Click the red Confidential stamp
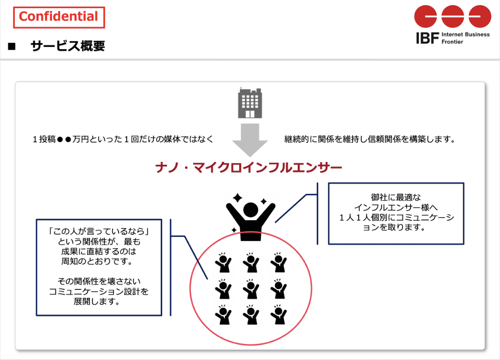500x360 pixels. [x=59, y=18]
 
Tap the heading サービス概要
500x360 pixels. [x=68, y=46]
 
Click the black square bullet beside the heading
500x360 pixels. [x=12, y=47]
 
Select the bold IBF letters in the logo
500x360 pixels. [x=427, y=38]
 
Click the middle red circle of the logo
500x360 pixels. [x=452, y=16]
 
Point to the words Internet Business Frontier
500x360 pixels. [x=466, y=38]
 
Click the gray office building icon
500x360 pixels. [x=250, y=103]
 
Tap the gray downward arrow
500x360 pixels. [x=250, y=140]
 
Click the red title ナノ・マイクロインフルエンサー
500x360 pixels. [x=249, y=167]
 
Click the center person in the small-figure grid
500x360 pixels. [x=251, y=288]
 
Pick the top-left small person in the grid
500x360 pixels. [x=223, y=262]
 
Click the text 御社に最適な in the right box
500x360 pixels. [x=396, y=197]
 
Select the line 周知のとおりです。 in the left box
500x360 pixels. [x=97, y=261]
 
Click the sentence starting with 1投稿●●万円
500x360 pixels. [x=123, y=139]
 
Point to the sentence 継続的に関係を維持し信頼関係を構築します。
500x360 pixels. [x=370, y=139]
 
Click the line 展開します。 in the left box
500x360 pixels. [x=97, y=301]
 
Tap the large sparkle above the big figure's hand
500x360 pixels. [x=237, y=198]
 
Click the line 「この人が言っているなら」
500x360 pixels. [x=99, y=231]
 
